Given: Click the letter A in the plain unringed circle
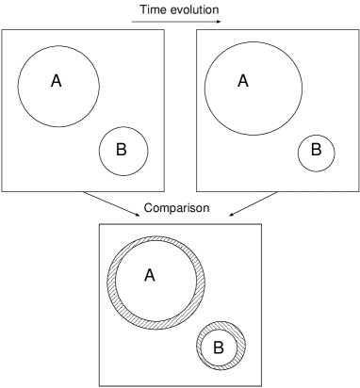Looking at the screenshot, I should tap(56, 81).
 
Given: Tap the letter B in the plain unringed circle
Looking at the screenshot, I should tap(121, 150).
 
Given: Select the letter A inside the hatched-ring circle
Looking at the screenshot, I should tap(149, 275).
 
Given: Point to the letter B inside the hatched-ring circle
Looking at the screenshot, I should tap(218, 348).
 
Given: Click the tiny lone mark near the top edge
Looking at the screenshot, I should tap(219, 21).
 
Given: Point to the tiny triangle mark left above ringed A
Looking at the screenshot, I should tap(138, 215).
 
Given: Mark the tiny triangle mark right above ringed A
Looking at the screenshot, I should tap(231, 215).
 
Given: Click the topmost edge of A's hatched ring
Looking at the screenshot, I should tap(156, 238).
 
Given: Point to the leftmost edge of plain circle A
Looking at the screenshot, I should tap(20, 86).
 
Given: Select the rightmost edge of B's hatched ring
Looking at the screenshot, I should tap(243, 346).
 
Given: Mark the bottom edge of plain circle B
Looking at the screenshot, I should tap(123, 173).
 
